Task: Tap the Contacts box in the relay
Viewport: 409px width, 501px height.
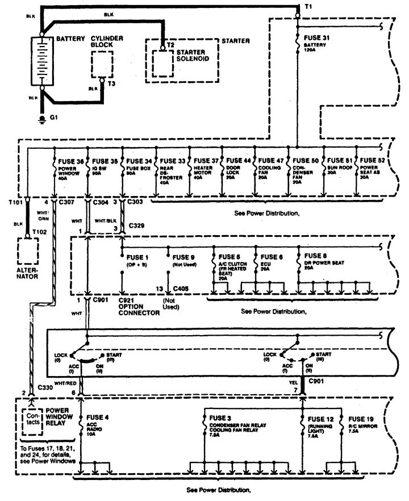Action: pos(30,419)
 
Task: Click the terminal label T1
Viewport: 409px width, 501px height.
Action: pos(307,7)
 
